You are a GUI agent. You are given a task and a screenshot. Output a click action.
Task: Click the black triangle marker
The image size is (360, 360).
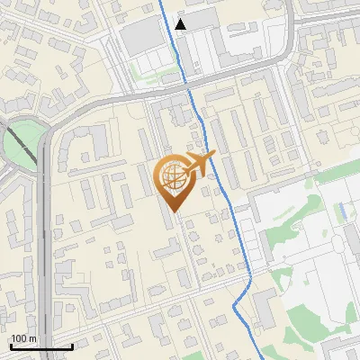pyautogui.click(x=182, y=24)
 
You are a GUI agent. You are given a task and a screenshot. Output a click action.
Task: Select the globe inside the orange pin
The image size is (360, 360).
pyautogui.click(x=172, y=179)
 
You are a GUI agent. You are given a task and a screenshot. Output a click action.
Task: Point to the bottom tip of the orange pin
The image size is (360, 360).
pyautogui.click(x=173, y=212)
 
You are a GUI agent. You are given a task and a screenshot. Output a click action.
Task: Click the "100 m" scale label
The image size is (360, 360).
pyautogui.click(x=23, y=337)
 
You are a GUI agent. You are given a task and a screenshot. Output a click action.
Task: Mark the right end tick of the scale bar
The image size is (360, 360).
pyautogui.click(x=72, y=345)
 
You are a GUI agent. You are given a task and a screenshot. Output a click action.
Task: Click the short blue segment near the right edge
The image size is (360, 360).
pyautogui.click(x=342, y=212)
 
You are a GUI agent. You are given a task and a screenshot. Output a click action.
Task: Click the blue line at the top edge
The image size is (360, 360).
pyautogui.click(x=161, y=3)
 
